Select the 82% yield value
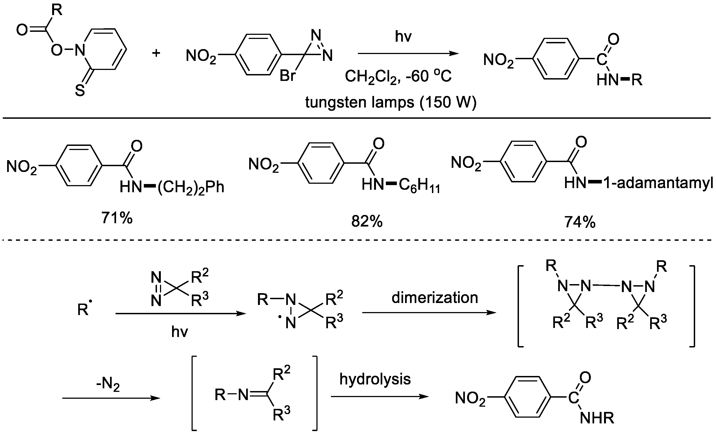(367, 222)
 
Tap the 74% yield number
(580, 222)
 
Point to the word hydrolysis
(375, 379)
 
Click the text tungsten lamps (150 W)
(391, 102)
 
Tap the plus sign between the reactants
(156, 53)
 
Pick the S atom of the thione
(80, 90)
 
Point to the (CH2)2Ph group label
(191, 187)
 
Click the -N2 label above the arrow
(108, 385)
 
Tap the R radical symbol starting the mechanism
(84, 310)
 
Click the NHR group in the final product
(597, 418)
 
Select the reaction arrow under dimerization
(429, 313)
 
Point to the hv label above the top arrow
(403, 36)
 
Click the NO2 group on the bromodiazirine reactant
(201, 56)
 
